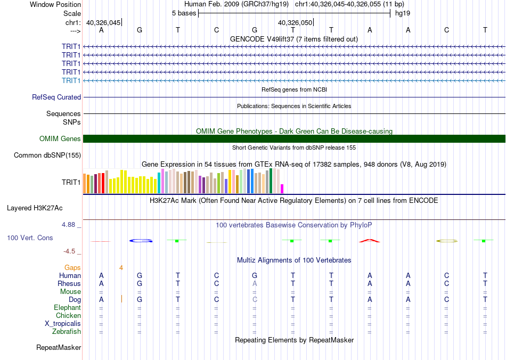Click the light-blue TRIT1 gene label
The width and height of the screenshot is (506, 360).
pyautogui.click(x=71, y=80)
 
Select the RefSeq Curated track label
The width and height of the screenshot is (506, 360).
pyautogui.click(x=56, y=97)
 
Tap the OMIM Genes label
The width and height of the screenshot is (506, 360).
pyautogui.click(x=60, y=139)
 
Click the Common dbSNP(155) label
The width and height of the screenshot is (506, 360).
pyautogui.click(x=47, y=156)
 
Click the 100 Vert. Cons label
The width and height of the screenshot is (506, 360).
pyautogui.click(x=30, y=238)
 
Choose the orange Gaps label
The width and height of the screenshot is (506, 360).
pyautogui.click(x=73, y=267)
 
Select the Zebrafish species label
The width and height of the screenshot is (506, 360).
pyautogui.click(x=67, y=332)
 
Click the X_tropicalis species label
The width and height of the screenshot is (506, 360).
pyautogui.click(x=63, y=324)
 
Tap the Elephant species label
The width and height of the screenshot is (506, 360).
pyautogui.click(x=67, y=308)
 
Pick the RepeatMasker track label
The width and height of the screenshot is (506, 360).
pyautogui.click(x=59, y=348)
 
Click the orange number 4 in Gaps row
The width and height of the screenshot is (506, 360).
pyautogui.click(x=121, y=267)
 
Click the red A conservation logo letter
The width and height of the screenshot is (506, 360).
pyautogui.click(x=370, y=241)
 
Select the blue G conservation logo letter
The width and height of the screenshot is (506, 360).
pyautogui.click(x=141, y=241)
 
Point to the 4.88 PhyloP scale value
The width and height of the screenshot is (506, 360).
pyautogui.click(x=70, y=225)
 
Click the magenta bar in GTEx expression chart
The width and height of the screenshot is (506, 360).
pyautogui.click(x=282, y=189)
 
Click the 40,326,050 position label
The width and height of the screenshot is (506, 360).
pyautogui.click(x=295, y=22)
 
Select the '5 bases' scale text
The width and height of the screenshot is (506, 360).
pyautogui.click(x=184, y=13)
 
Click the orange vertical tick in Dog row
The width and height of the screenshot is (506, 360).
pyautogui.click(x=122, y=299)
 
